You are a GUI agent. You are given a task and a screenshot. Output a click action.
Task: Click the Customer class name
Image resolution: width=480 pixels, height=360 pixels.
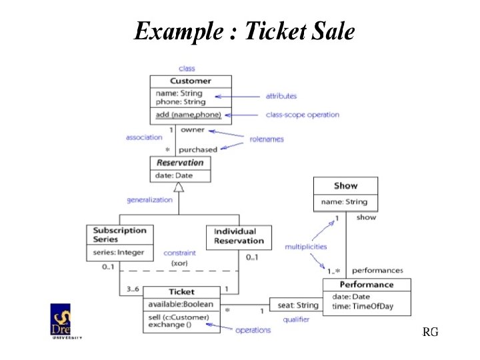click(x=190, y=81)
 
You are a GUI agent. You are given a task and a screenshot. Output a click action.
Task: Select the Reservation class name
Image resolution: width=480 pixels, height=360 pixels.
click(x=179, y=163)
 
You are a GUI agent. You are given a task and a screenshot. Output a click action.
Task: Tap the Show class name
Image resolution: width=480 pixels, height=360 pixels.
click(x=345, y=185)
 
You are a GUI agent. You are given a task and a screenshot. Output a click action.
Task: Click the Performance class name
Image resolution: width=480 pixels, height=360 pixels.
click(x=366, y=285)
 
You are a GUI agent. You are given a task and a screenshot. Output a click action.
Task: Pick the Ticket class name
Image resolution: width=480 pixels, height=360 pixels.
click(x=181, y=292)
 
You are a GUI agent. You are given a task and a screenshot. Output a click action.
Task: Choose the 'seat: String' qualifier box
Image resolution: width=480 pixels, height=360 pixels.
click(x=298, y=305)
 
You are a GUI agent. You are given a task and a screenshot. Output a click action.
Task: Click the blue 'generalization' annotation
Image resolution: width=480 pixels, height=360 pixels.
click(x=150, y=200)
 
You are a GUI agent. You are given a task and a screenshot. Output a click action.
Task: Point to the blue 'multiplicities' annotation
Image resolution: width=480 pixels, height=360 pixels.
click(x=306, y=247)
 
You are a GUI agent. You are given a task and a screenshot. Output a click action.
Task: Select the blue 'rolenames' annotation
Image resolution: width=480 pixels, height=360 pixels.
click(x=266, y=139)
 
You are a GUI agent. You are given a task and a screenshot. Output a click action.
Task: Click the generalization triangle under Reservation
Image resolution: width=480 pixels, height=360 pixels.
click(x=178, y=188)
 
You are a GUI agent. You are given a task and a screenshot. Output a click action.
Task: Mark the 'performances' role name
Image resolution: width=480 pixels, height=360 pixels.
click(x=377, y=271)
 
